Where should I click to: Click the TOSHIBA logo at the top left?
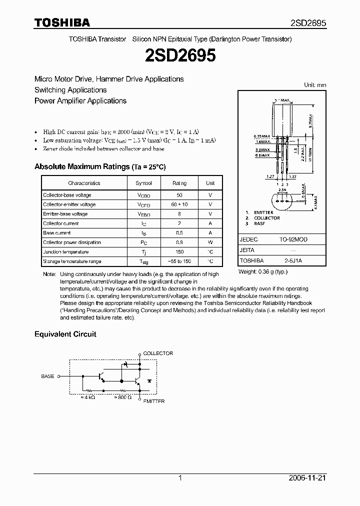(x=62, y=23)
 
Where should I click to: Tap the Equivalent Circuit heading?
(x=65, y=334)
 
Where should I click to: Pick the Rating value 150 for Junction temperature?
(x=179, y=252)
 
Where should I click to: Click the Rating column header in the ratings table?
(x=179, y=183)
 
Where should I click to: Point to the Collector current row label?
(x=60, y=223)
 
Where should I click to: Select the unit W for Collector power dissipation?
(x=210, y=242)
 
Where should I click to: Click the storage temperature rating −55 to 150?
(x=179, y=261)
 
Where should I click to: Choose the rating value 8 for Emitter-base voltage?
(x=179, y=214)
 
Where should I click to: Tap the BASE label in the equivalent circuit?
(x=47, y=376)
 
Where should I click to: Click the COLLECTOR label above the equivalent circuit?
(x=158, y=353)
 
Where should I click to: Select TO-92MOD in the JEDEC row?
(x=293, y=239)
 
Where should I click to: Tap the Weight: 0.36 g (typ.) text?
(x=263, y=271)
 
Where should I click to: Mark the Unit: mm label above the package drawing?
(x=315, y=85)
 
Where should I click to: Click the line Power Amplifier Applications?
(x=80, y=101)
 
